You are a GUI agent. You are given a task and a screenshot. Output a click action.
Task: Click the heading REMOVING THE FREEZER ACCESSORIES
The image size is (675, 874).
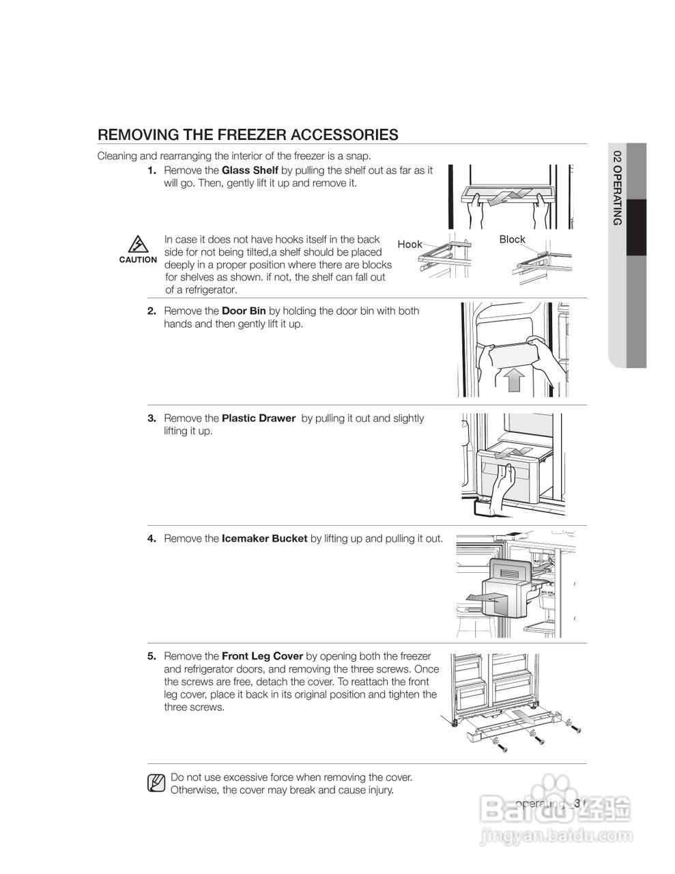tap(248, 135)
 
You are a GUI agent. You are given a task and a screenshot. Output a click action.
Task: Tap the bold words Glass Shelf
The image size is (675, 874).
tap(250, 170)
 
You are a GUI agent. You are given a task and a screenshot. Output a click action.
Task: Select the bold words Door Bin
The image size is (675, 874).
tap(244, 311)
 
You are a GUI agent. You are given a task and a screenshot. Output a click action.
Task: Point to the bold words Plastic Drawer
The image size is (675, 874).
tap(259, 419)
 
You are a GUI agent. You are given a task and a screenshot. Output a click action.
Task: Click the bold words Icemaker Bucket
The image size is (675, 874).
tap(264, 539)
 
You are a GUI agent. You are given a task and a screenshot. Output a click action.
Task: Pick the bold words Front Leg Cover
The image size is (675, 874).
tap(262, 656)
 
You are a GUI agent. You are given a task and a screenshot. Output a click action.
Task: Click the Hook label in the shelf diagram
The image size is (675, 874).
tap(410, 244)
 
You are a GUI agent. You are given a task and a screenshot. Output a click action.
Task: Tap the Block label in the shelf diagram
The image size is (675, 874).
tap(512, 239)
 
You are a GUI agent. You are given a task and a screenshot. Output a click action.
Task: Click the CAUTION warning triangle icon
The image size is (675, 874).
tap(138, 244)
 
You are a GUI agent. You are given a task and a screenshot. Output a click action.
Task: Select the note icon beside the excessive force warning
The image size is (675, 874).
tap(156, 783)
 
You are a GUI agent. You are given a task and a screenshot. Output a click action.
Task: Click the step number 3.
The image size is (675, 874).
tap(152, 419)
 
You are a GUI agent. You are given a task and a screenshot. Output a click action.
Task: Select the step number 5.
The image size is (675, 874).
tap(152, 656)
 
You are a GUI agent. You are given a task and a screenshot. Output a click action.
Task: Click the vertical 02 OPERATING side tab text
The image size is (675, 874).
tap(618, 187)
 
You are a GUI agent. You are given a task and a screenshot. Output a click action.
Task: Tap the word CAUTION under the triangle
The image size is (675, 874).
tap(138, 260)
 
